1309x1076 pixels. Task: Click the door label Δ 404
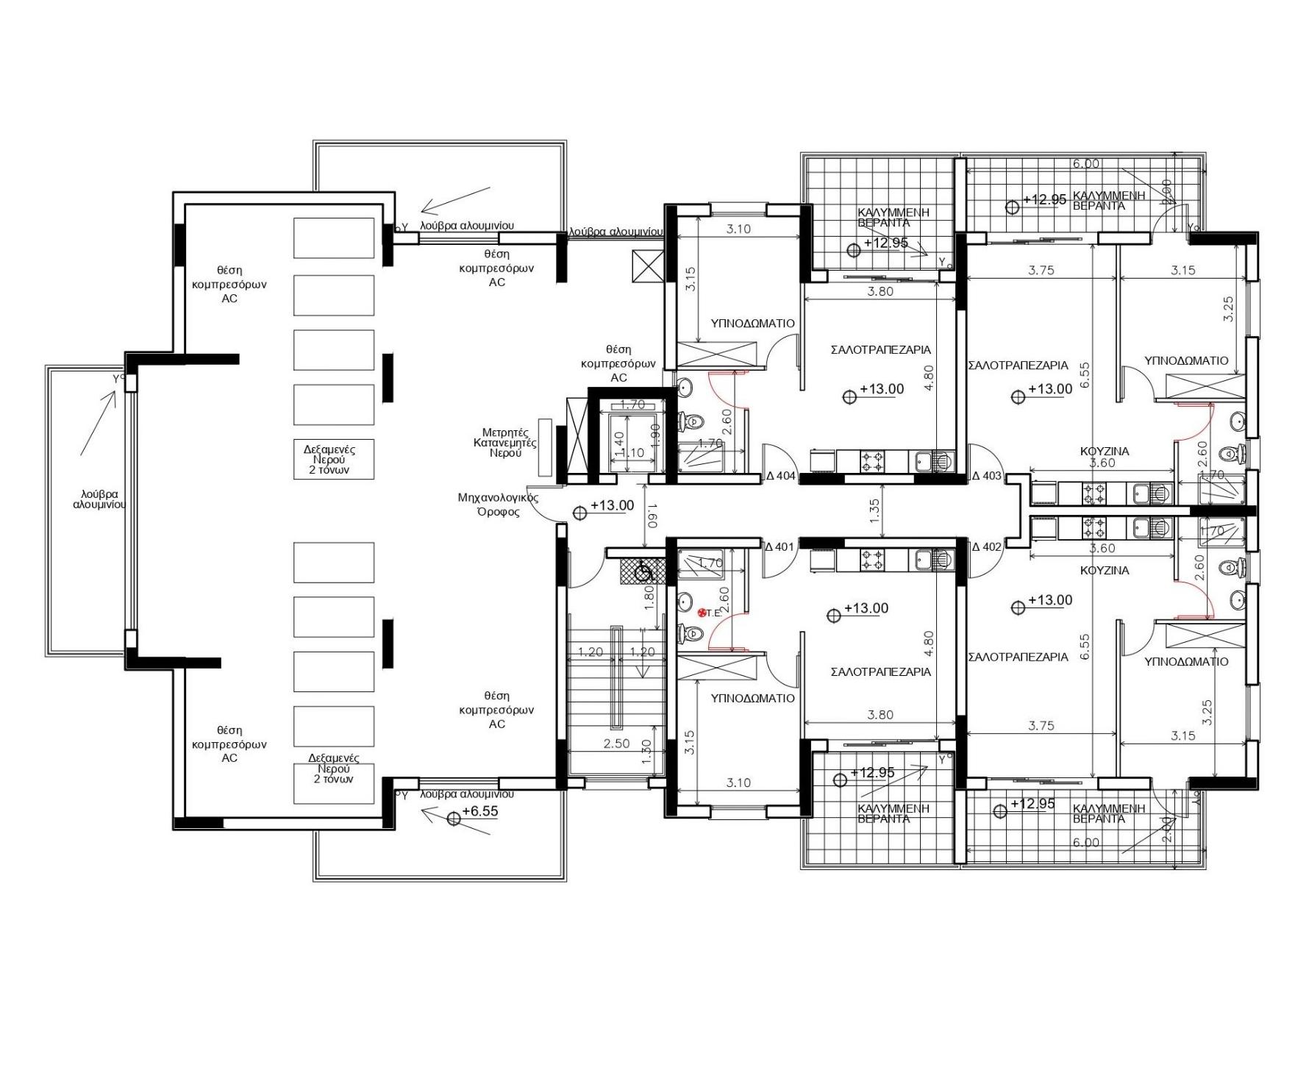[781, 476]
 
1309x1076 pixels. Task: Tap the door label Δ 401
[780, 546]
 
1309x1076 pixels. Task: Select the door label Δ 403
[987, 476]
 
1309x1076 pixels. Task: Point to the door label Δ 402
[987, 546]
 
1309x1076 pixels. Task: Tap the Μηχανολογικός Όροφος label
[498, 505]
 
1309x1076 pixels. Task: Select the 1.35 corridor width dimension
[874, 511]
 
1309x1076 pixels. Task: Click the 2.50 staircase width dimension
[616, 744]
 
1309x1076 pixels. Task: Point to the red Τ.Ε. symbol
[703, 612]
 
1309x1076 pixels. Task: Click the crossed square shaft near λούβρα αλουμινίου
[647, 266]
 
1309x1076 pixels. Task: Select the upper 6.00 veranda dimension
[1085, 164]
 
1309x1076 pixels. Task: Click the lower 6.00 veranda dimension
[1085, 843]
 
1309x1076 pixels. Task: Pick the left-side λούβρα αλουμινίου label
[100, 499]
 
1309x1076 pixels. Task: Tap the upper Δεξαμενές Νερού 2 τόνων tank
[334, 459]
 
